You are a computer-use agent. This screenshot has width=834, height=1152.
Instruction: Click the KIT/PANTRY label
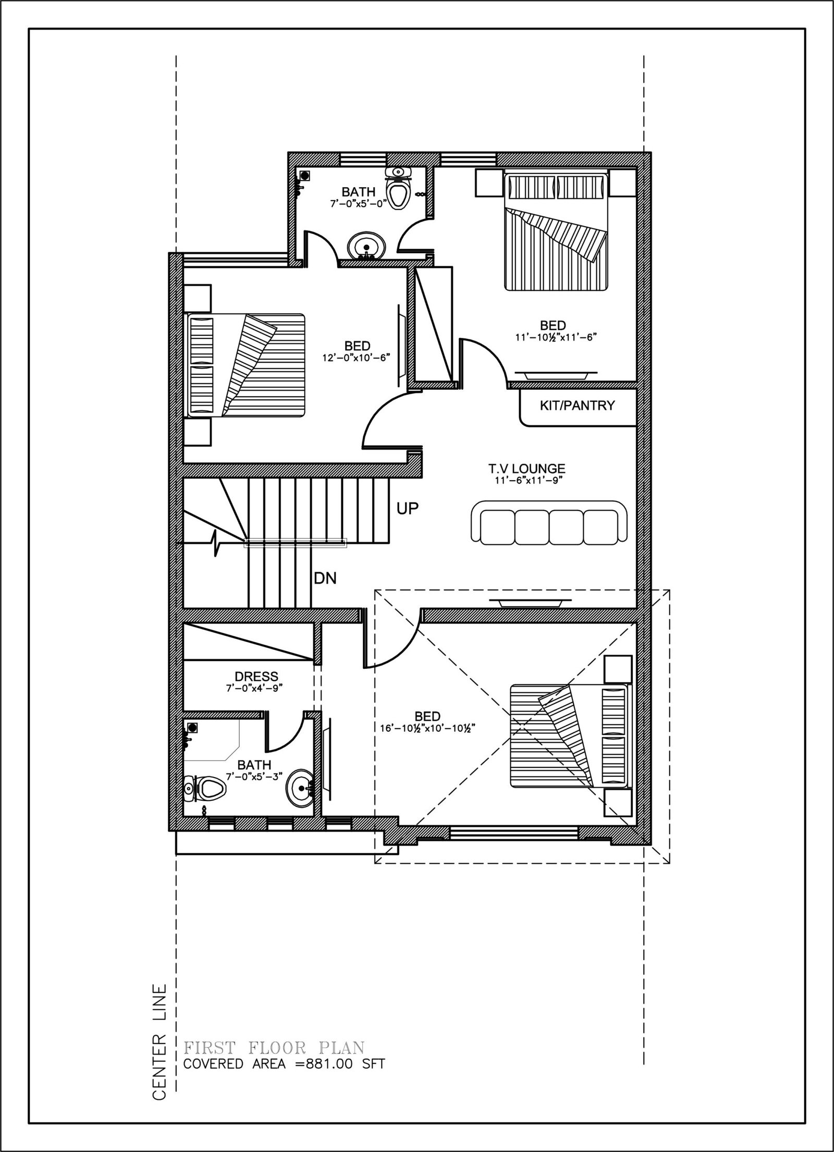577,406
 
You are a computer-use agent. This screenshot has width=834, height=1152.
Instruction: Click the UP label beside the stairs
408,509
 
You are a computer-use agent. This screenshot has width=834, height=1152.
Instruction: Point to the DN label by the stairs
325,578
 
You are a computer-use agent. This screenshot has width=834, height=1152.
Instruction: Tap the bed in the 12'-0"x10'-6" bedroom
245,365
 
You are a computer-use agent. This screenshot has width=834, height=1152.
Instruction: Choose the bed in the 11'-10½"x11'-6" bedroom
555,232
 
